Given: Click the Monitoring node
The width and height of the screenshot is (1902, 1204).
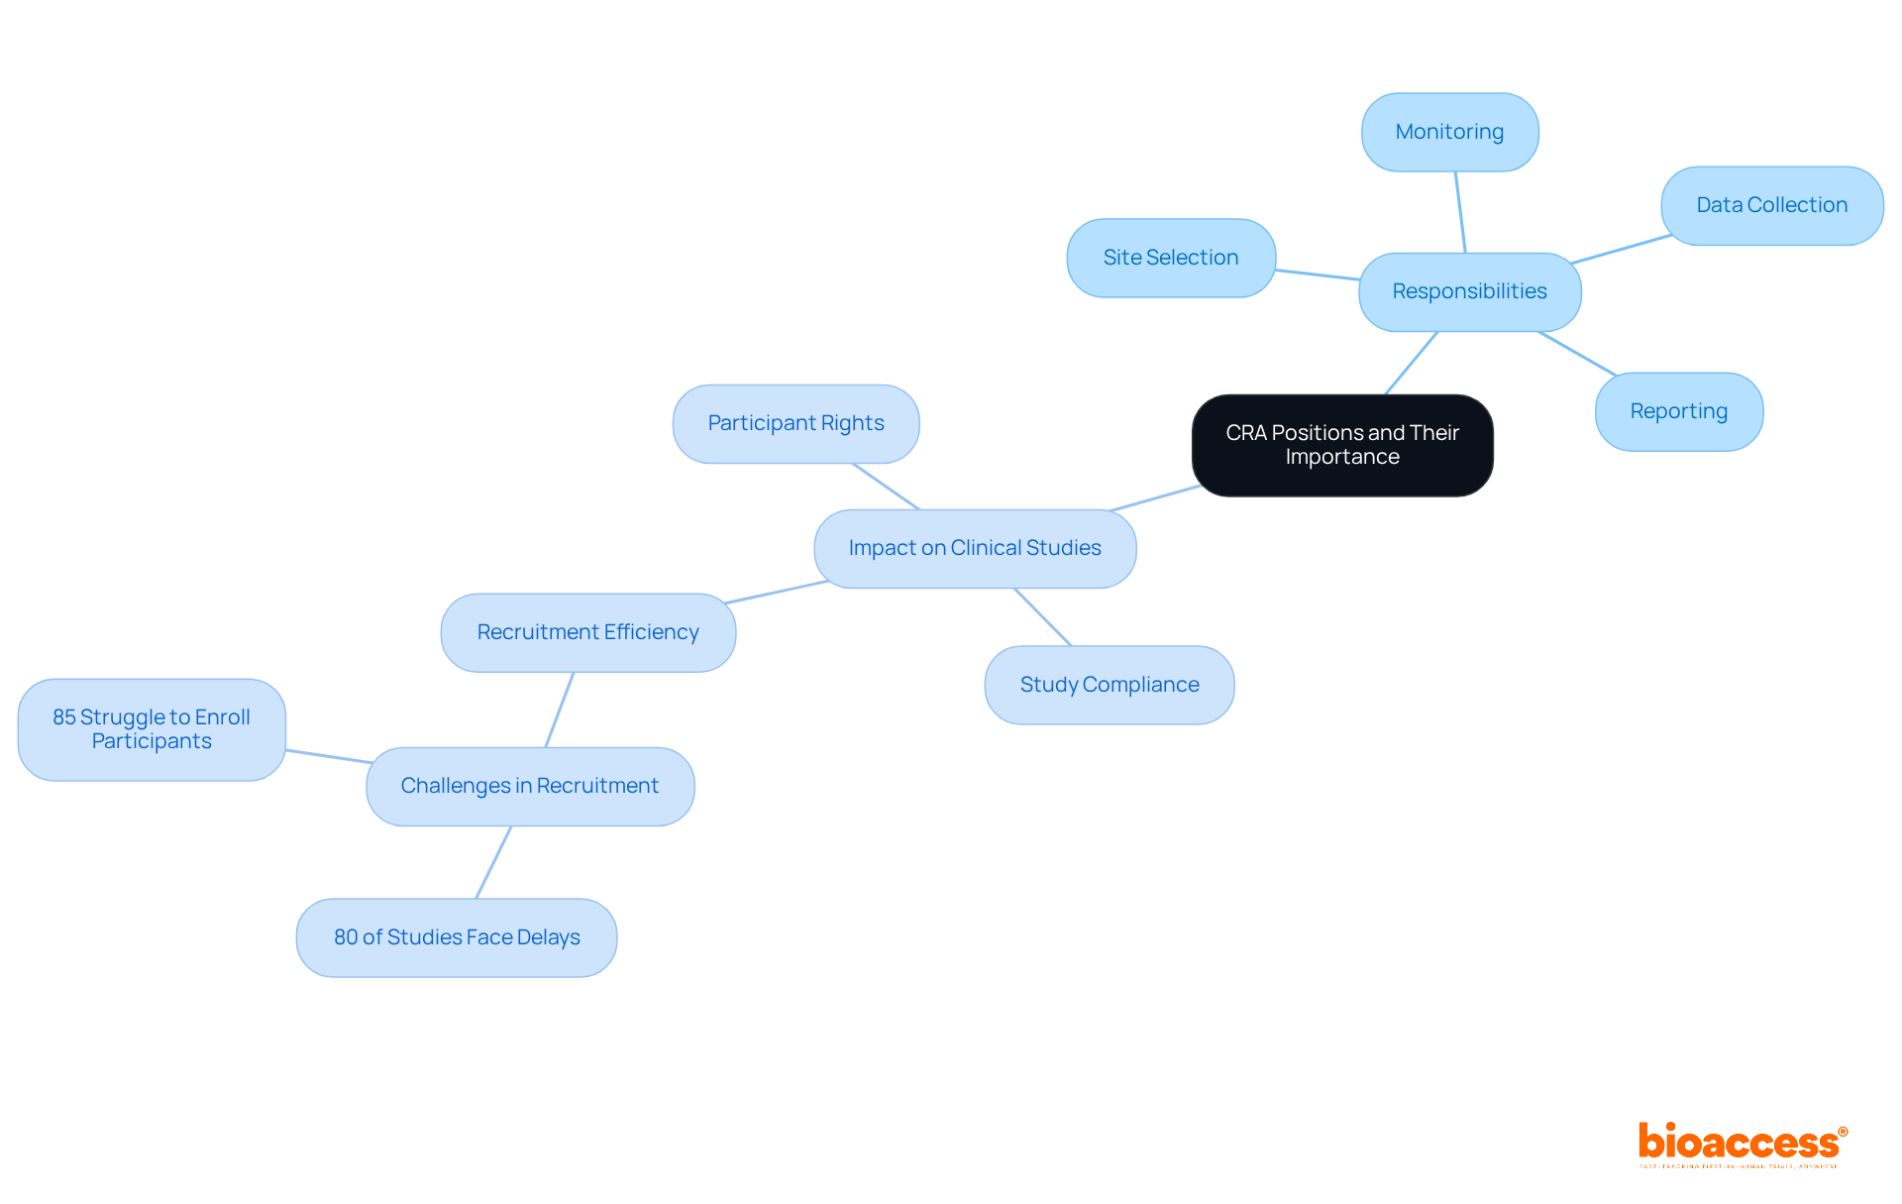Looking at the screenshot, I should click(x=1449, y=132).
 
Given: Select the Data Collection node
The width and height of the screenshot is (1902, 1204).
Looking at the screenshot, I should click(x=1771, y=205).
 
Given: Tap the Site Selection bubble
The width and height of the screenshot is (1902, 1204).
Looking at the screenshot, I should click(x=1170, y=258).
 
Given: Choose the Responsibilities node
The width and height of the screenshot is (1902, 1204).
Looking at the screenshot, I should click(x=1469, y=291).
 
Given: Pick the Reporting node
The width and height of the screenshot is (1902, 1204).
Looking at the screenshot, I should click(x=1678, y=411).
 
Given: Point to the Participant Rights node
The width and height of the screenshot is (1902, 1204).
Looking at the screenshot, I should click(x=795, y=423).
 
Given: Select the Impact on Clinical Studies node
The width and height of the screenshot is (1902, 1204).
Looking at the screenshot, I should click(x=975, y=548).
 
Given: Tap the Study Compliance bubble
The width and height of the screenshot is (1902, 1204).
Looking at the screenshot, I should click(x=1109, y=685).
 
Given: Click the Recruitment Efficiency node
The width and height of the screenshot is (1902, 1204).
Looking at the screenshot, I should click(x=587, y=632).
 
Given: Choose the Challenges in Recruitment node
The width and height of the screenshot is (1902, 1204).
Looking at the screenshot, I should click(x=529, y=786).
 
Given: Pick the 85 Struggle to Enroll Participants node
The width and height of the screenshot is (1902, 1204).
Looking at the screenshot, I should click(x=152, y=729).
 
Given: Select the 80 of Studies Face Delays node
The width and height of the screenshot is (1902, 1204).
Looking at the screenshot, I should click(x=457, y=937).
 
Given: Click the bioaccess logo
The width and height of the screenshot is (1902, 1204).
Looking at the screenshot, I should click(x=1742, y=1144).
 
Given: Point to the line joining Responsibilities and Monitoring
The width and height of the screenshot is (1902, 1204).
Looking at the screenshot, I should click(x=1460, y=212).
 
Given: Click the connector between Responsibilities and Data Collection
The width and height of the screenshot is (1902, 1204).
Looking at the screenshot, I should click(x=1622, y=249).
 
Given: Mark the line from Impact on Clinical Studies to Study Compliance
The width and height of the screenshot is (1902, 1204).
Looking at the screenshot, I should click(x=1042, y=617).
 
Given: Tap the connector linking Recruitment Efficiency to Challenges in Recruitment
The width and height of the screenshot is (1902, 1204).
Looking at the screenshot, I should click(x=560, y=710).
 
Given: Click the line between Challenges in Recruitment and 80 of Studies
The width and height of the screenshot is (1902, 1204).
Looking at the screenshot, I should click(x=493, y=862).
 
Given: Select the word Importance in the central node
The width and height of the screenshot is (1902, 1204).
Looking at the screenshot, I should click(x=1342, y=457).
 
